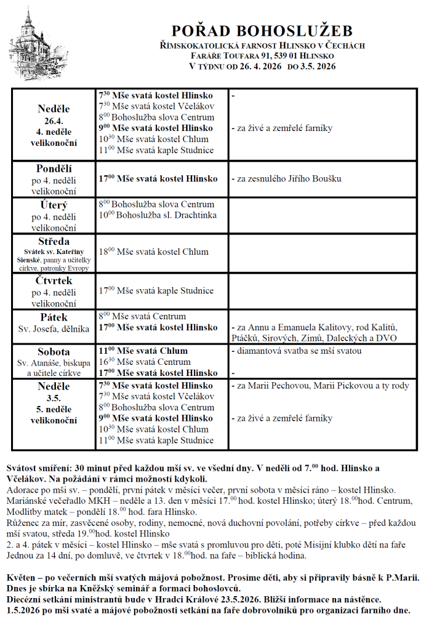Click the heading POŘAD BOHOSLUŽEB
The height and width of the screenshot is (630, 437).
(x=262, y=31)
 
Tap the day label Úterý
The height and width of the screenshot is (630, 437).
(x=54, y=205)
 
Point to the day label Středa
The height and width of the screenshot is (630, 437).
(x=54, y=241)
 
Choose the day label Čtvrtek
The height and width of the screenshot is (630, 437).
(x=54, y=281)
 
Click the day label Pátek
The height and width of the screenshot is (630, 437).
(x=54, y=317)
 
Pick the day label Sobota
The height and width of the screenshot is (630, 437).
(x=54, y=352)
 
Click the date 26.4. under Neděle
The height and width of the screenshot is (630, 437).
(x=54, y=121)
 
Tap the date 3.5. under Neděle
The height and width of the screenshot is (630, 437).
(x=54, y=398)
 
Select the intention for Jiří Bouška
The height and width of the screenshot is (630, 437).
(x=286, y=179)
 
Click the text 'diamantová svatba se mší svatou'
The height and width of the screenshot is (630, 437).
(x=297, y=351)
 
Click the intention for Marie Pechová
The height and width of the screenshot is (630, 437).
(x=320, y=386)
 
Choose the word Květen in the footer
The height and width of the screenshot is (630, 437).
(x=23, y=580)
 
